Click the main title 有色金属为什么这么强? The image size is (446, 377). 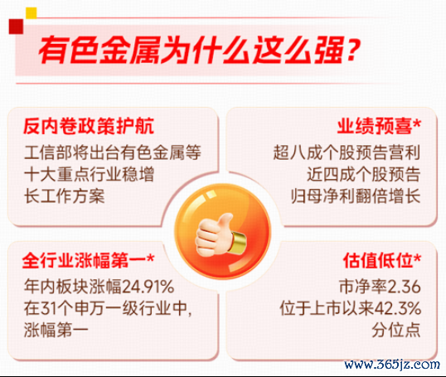tap(200, 51)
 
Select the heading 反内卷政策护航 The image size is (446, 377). tap(89, 126)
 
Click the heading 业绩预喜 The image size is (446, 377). tap(375, 126)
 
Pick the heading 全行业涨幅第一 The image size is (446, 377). tap(85, 260)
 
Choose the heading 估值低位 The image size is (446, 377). tap(378, 260)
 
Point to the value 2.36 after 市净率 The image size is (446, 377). tap(404, 287)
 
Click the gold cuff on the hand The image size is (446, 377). tap(238, 243)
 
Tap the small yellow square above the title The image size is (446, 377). tap(32, 13)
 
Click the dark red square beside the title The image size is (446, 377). tap(16, 27)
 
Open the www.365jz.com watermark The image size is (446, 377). tap(391, 365)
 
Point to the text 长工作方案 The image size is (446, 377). tap(65, 196)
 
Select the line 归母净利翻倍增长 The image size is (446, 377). tap(356, 196)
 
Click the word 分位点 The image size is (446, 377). tap(396, 330)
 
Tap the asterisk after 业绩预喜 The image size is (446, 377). tap(417, 123)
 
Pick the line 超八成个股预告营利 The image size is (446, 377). tap(347, 152)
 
